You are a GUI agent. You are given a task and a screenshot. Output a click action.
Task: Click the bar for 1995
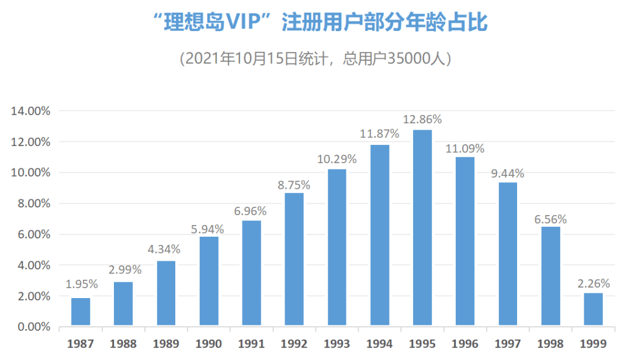422,228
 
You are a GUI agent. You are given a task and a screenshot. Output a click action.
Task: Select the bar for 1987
81,311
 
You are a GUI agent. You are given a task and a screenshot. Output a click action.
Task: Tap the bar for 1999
593,309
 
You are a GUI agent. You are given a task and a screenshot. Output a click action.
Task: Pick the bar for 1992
294,259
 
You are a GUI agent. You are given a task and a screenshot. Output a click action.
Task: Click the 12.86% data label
422,119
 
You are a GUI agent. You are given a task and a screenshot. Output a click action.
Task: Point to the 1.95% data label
81,285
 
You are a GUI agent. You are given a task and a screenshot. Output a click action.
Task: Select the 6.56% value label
550,219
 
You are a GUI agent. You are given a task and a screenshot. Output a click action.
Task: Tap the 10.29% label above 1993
337,158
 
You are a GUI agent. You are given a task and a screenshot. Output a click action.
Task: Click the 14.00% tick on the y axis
31,111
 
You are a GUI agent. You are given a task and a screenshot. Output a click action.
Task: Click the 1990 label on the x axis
209,343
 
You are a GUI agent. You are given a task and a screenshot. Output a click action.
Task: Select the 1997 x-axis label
508,343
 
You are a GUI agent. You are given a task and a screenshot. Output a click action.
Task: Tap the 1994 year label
380,343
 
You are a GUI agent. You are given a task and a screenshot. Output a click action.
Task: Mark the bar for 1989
166,293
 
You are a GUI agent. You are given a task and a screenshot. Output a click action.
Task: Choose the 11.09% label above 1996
465,148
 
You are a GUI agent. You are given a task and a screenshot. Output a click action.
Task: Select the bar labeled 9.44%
508,254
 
